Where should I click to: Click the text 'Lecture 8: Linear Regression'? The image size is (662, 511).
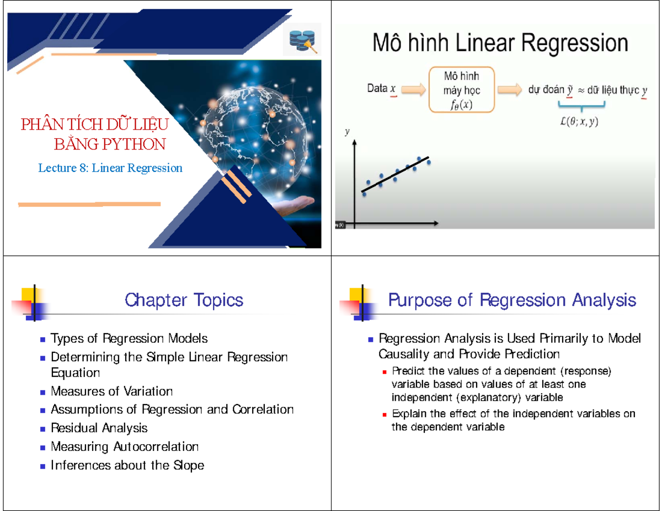tap(110, 168)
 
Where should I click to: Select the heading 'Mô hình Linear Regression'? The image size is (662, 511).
tap(500, 43)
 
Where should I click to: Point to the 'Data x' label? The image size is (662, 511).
tap(381, 88)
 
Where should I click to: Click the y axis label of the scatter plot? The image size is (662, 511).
tap(347, 132)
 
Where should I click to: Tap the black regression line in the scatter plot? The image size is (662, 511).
tap(395, 174)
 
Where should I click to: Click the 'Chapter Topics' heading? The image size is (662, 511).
tap(184, 300)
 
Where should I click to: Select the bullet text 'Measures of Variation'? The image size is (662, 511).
tap(111, 391)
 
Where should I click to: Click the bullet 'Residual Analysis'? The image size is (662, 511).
tap(99, 428)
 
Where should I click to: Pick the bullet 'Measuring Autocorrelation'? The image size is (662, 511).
tap(124, 447)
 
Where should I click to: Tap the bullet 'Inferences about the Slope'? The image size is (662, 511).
tap(127, 465)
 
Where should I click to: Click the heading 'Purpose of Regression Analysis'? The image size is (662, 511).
tap(512, 300)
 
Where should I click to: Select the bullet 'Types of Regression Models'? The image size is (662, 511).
tap(129, 338)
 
